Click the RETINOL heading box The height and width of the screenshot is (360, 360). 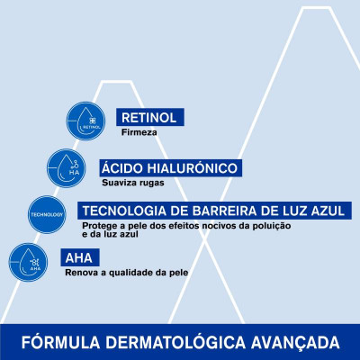click(151, 117)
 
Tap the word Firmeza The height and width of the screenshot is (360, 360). click(140, 132)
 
